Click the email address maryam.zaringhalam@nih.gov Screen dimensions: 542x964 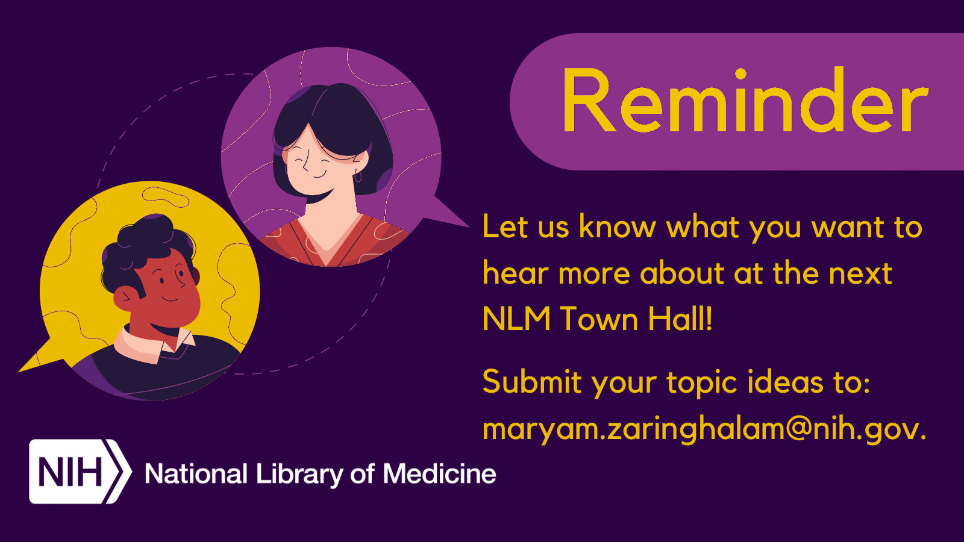click(x=704, y=429)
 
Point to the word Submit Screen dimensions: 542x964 click(x=531, y=382)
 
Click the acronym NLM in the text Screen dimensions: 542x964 click(x=516, y=319)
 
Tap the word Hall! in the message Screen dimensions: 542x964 click(x=681, y=319)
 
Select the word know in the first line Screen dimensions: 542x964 click(x=617, y=227)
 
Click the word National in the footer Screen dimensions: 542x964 click(x=196, y=475)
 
